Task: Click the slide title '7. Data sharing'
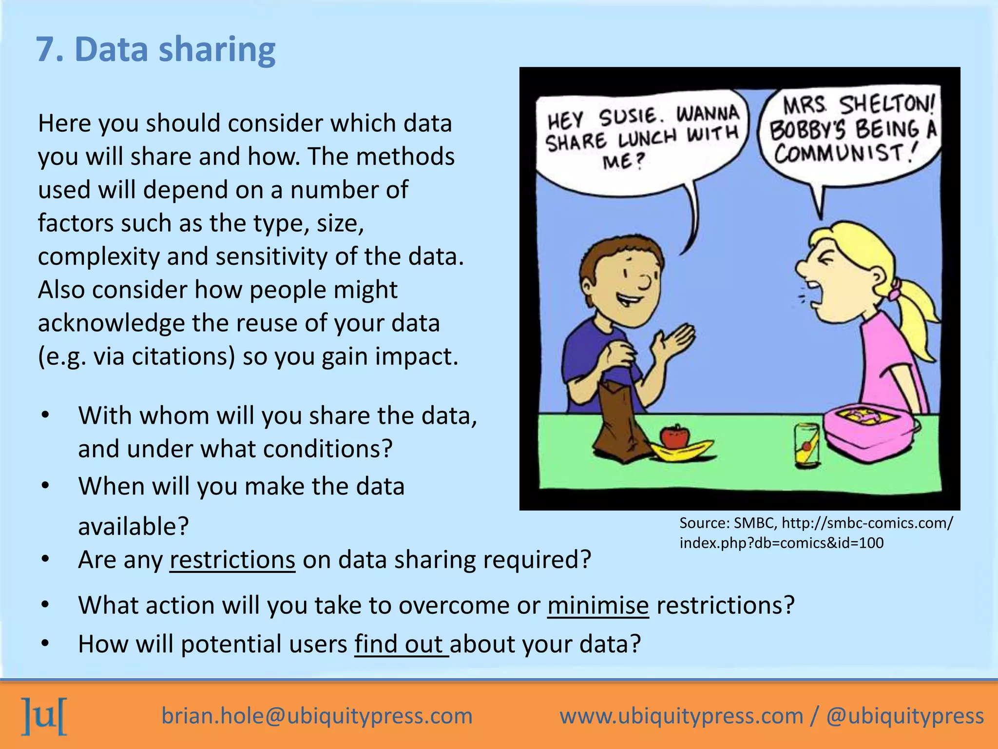[156, 50]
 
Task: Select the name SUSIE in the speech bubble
[628, 117]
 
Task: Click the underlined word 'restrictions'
[232, 559]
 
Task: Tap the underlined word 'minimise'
[598, 605]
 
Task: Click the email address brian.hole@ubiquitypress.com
[317, 716]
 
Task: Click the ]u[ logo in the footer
[44, 716]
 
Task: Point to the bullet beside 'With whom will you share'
[45, 415]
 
